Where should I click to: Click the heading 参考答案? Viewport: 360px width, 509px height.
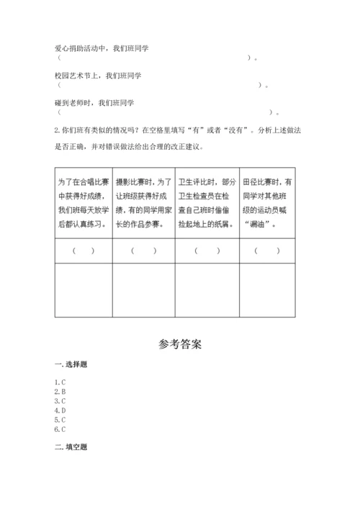click(x=180, y=343)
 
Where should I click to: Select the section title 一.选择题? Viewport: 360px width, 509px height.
click(x=71, y=364)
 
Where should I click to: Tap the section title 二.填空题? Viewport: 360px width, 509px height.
click(x=71, y=447)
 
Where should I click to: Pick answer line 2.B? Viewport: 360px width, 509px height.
click(x=60, y=391)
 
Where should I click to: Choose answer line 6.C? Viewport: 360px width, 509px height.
click(x=60, y=429)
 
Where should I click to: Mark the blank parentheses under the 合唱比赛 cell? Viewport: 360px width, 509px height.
click(x=83, y=251)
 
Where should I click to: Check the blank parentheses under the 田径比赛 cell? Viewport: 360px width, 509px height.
click(x=268, y=251)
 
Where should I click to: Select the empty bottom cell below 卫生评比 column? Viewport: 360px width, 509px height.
click(x=207, y=289)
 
